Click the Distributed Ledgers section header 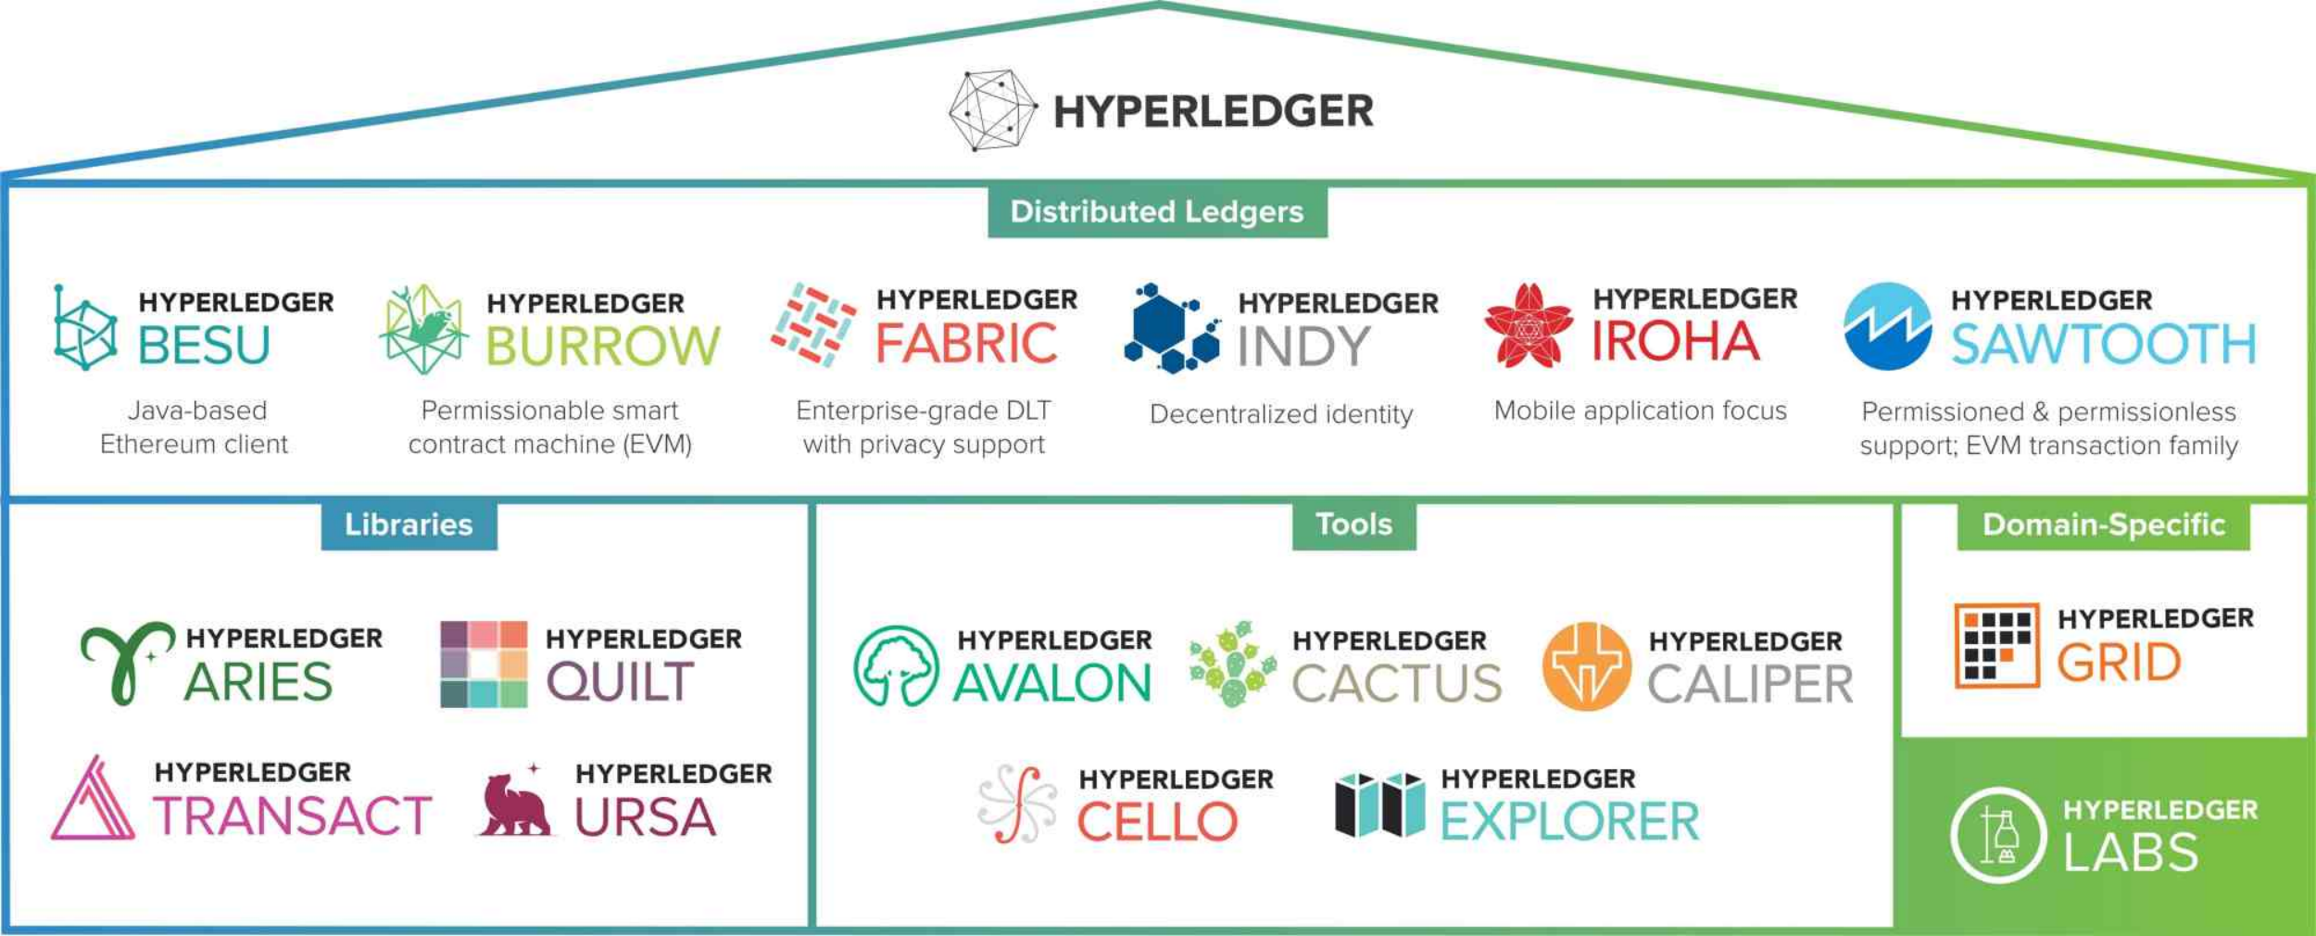(x=1157, y=212)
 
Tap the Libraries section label (x=409, y=525)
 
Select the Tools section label (x=1353, y=525)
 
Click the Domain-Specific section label (x=2103, y=525)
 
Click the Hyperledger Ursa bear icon (x=515, y=803)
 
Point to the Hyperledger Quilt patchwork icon (x=484, y=664)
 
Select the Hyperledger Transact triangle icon (x=93, y=801)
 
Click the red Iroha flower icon (x=1528, y=326)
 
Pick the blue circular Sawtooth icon (x=1887, y=326)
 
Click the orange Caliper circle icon (x=1586, y=666)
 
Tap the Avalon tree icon (x=896, y=666)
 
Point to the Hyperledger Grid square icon (x=1996, y=645)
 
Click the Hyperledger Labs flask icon (x=1997, y=835)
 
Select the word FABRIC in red (x=966, y=344)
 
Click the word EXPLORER (x=1569, y=822)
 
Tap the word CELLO (x=1157, y=822)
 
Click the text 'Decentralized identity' (x=1281, y=414)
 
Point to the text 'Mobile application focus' (x=1640, y=411)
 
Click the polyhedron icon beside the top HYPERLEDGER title (x=992, y=110)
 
